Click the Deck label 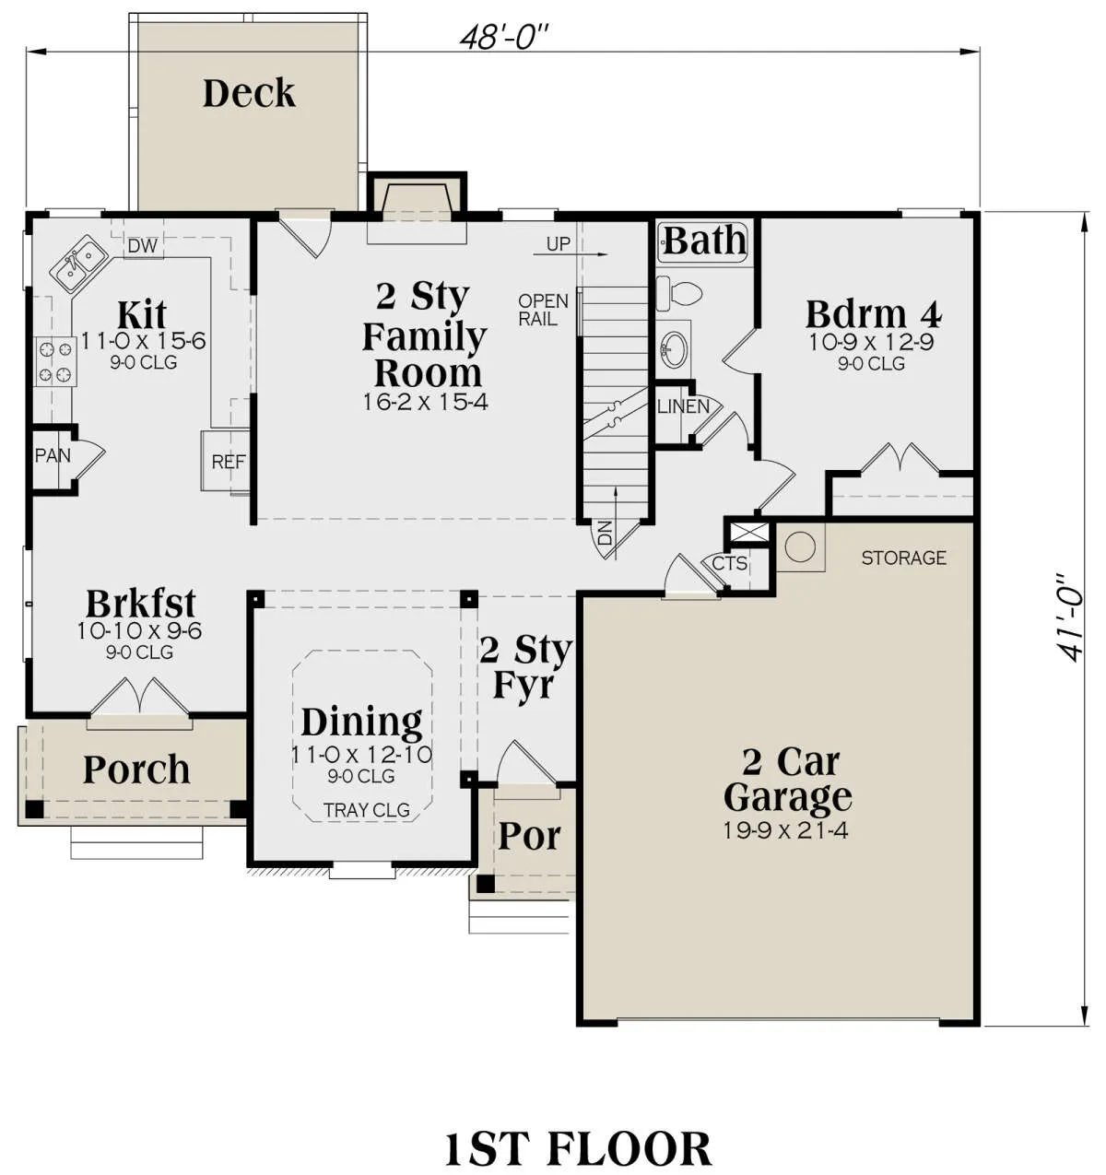coord(249,93)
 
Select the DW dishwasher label coord(143,245)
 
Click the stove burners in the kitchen coord(55,361)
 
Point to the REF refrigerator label coord(229,462)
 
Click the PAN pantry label coord(53,455)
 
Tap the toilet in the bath coord(678,292)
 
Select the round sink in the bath coord(674,344)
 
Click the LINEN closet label coord(683,406)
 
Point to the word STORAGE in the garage coord(903,558)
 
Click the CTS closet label coord(730,563)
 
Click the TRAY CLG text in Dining coord(367,809)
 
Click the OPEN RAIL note coord(543,310)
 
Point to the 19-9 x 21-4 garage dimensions coord(785,830)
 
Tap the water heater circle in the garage coord(799,547)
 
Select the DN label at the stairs coord(605,533)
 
